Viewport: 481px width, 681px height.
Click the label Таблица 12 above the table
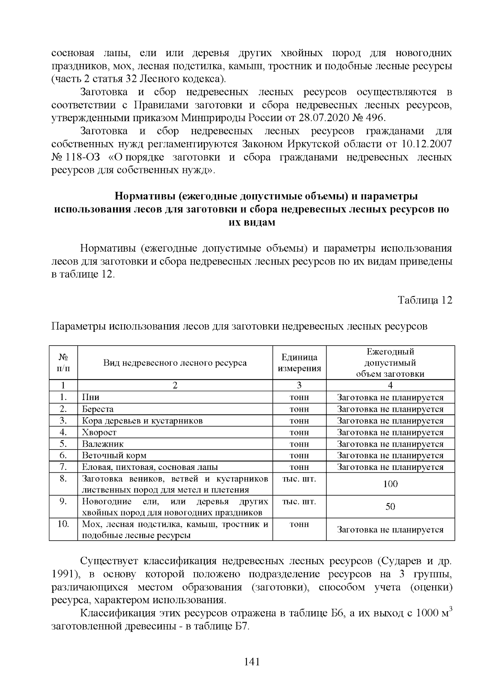[425, 300]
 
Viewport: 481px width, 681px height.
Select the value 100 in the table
[390, 484]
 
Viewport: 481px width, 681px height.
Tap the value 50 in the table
[390, 507]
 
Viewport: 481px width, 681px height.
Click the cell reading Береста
[98, 409]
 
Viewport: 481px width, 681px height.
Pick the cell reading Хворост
[99, 433]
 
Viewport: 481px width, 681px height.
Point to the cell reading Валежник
[103, 444]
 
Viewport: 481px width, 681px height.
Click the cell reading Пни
[91, 398]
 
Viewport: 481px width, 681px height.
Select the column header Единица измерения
[299, 363]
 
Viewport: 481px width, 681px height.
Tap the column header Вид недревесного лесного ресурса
[175, 363]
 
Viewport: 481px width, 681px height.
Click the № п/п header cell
[63, 363]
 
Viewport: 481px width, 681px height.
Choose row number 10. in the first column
[63, 524]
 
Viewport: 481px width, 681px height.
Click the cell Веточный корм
[114, 456]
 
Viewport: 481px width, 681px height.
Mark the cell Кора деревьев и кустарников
[142, 421]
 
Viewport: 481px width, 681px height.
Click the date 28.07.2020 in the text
[324, 118]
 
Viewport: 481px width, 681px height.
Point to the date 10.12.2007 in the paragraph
[427, 144]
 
